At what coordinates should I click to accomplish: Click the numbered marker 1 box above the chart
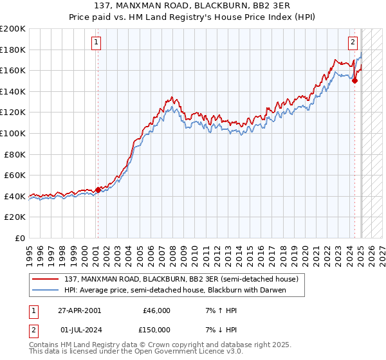click(96, 43)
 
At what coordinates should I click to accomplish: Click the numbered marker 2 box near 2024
click(353, 43)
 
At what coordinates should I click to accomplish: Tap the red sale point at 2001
click(98, 190)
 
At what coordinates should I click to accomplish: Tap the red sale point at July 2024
click(354, 81)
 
